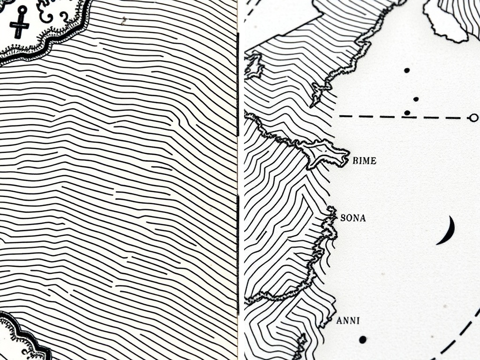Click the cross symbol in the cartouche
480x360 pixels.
19,23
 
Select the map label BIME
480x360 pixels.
364,161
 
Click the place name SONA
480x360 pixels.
352,218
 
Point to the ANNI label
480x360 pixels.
348,321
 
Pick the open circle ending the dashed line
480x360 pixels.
473,118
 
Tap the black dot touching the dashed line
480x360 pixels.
407,113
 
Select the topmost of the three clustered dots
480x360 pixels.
406,70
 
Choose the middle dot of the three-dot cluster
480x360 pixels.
416,99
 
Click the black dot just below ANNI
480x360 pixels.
362,339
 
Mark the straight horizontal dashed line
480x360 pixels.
398,117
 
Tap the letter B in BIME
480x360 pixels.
354,161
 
